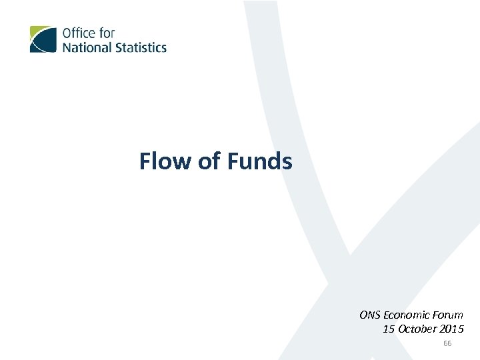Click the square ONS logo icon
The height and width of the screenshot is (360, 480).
click(x=43, y=39)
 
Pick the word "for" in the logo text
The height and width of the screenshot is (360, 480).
click(x=105, y=33)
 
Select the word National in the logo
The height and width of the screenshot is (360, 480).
click(x=85, y=47)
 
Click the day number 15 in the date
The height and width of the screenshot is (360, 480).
click(x=388, y=329)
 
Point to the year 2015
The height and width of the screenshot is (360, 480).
click(x=452, y=329)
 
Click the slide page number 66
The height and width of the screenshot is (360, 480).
click(x=447, y=343)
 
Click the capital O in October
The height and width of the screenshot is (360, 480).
click(x=401, y=329)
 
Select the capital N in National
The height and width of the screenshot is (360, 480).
click(x=67, y=47)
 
